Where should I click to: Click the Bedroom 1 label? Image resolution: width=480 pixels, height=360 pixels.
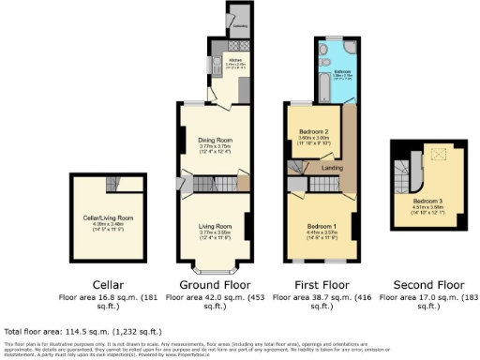tap(321, 225)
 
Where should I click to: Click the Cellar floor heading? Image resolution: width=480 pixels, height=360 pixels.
tap(105, 283)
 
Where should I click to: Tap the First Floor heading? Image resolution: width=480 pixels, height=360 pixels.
tap(323, 283)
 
